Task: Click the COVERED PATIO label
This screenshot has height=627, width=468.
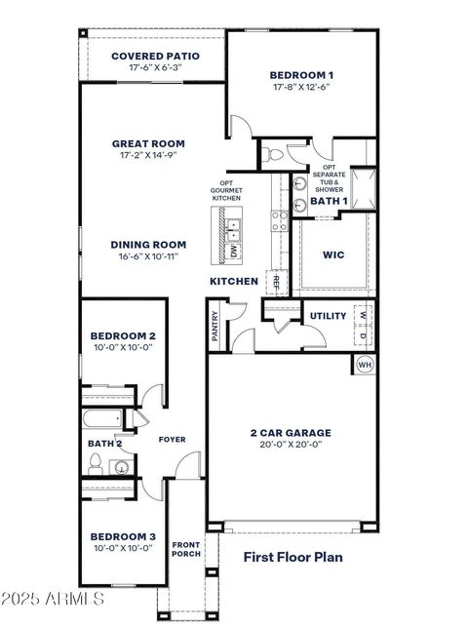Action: point(155,57)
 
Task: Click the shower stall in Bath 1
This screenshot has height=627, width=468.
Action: point(363,187)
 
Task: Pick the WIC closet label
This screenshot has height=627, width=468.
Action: point(333,255)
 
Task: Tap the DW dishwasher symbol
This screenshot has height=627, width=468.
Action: point(234,251)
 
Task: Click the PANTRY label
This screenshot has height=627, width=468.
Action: point(214,326)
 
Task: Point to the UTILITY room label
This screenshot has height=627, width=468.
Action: point(328,316)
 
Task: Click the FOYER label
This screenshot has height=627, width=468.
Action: point(172,440)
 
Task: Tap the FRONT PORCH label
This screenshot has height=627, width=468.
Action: point(186,549)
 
